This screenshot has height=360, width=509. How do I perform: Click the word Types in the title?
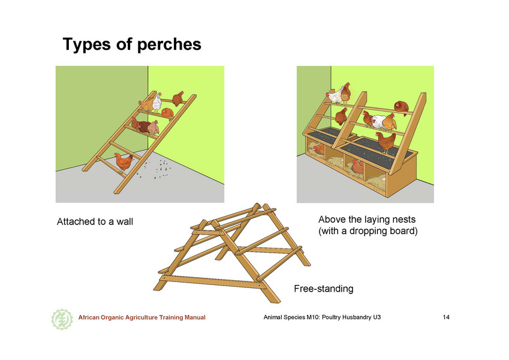coord(87,44)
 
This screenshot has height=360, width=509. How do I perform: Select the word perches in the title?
coord(169,45)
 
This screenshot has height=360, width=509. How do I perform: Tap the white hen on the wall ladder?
coord(157,102)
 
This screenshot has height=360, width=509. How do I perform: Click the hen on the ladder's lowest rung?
coord(124,162)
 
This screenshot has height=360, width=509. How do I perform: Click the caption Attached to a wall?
coord(95,221)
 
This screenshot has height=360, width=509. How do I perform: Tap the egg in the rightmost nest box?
coord(384,178)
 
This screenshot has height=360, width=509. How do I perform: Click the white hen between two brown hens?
coord(378,122)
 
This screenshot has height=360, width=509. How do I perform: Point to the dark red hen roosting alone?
coord(402,108)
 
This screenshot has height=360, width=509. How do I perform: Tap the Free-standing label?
coord(324,289)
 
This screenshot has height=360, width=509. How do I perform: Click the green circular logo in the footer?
coord(62,319)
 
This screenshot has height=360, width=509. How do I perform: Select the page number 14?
coord(446,317)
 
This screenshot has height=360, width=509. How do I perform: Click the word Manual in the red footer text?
coord(195,317)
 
